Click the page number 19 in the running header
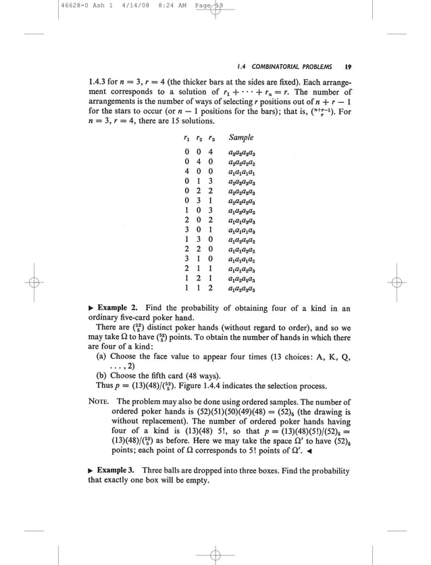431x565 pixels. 347,67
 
